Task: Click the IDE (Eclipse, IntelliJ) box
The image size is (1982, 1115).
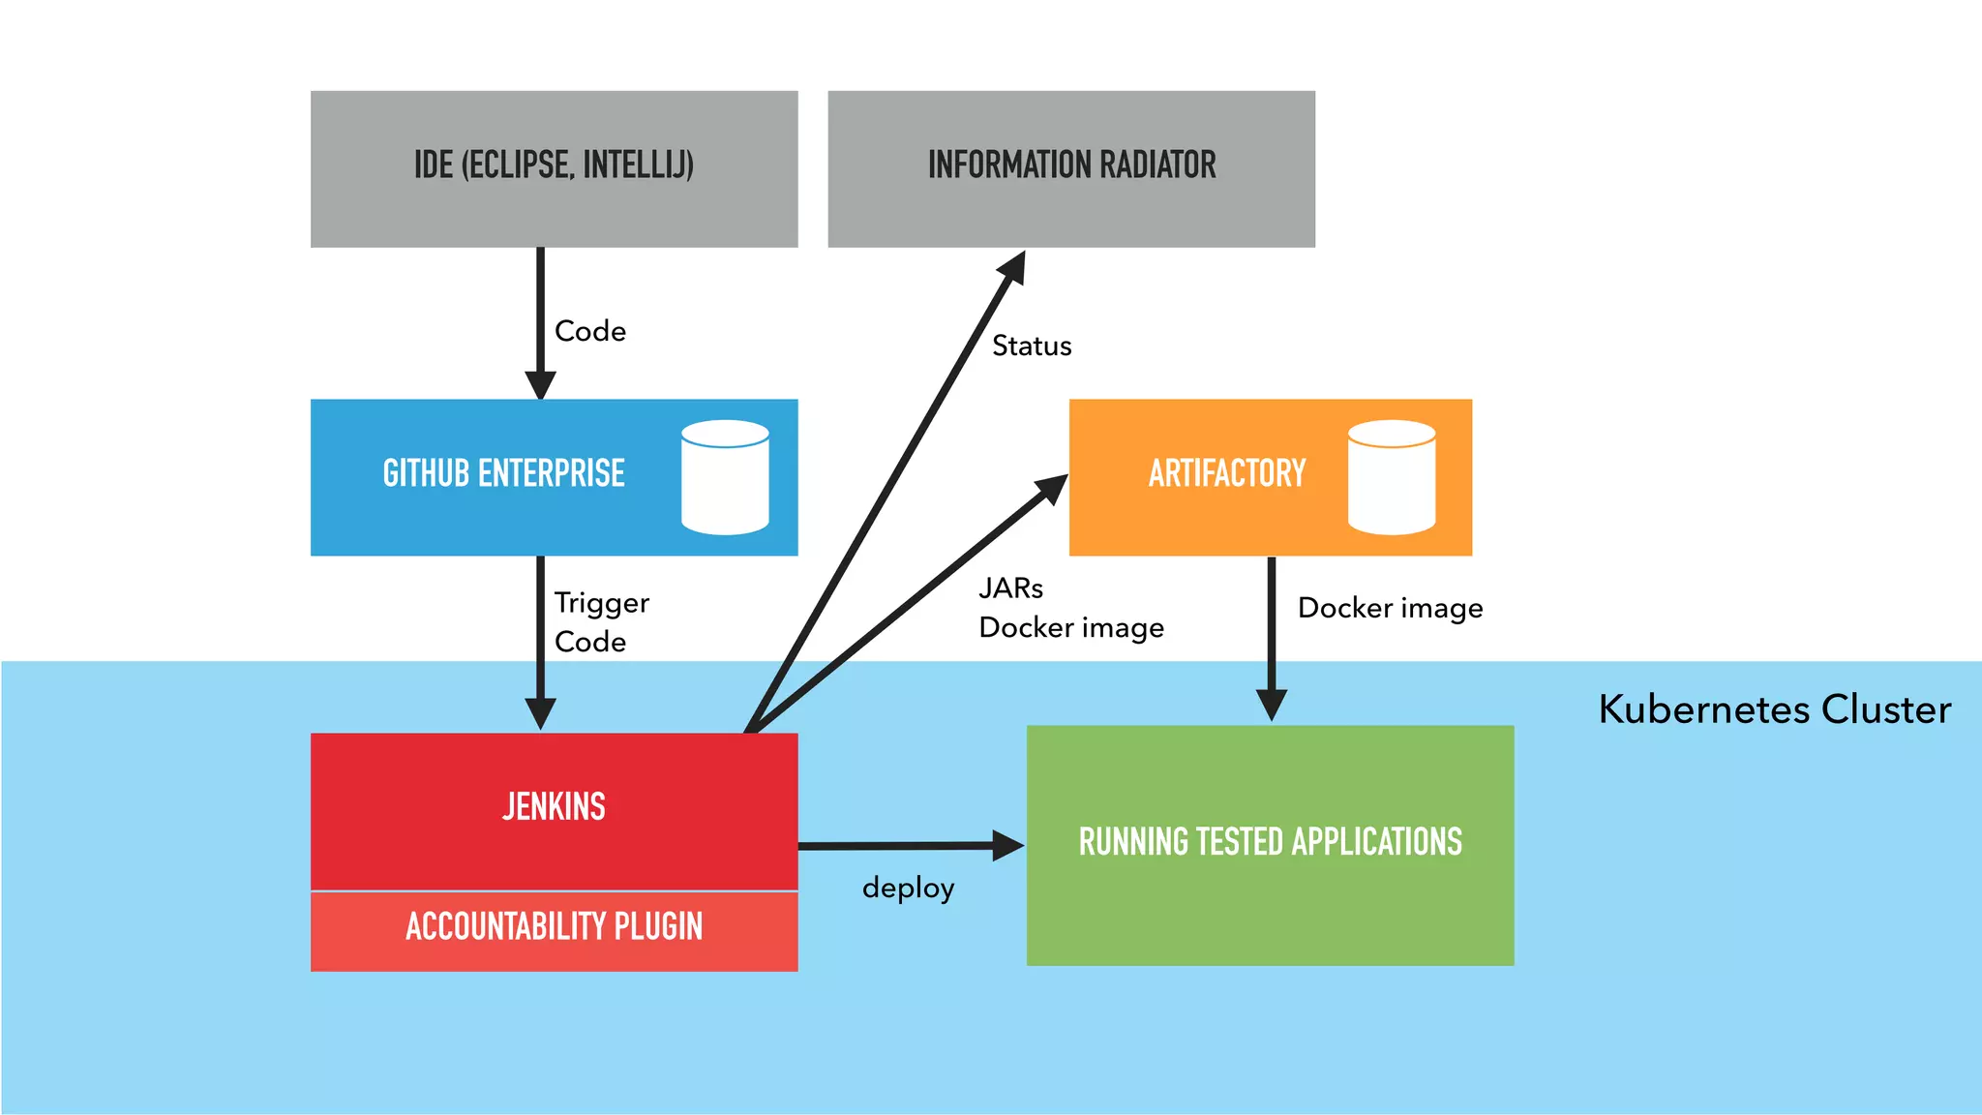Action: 554,168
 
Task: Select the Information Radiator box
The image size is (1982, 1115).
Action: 1070,168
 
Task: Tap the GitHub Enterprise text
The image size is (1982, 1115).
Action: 503,473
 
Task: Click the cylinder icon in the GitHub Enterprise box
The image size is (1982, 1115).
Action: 725,477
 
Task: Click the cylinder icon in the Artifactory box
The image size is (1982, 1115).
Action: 1391,477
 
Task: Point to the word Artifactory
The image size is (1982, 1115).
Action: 1226,473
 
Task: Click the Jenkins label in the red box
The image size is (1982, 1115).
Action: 554,806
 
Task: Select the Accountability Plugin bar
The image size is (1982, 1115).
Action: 554,927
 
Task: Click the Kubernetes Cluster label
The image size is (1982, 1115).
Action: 1774,709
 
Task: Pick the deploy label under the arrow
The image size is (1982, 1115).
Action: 908,888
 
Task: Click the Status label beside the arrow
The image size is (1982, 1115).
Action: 1032,346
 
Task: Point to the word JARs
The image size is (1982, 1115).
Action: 1010,588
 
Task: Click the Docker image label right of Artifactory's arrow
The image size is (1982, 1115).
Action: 1390,608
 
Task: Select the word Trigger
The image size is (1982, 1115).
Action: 601,603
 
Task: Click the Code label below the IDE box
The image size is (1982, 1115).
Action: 589,331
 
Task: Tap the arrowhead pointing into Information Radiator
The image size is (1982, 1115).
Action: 1013,267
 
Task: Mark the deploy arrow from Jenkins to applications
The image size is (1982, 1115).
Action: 900,846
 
